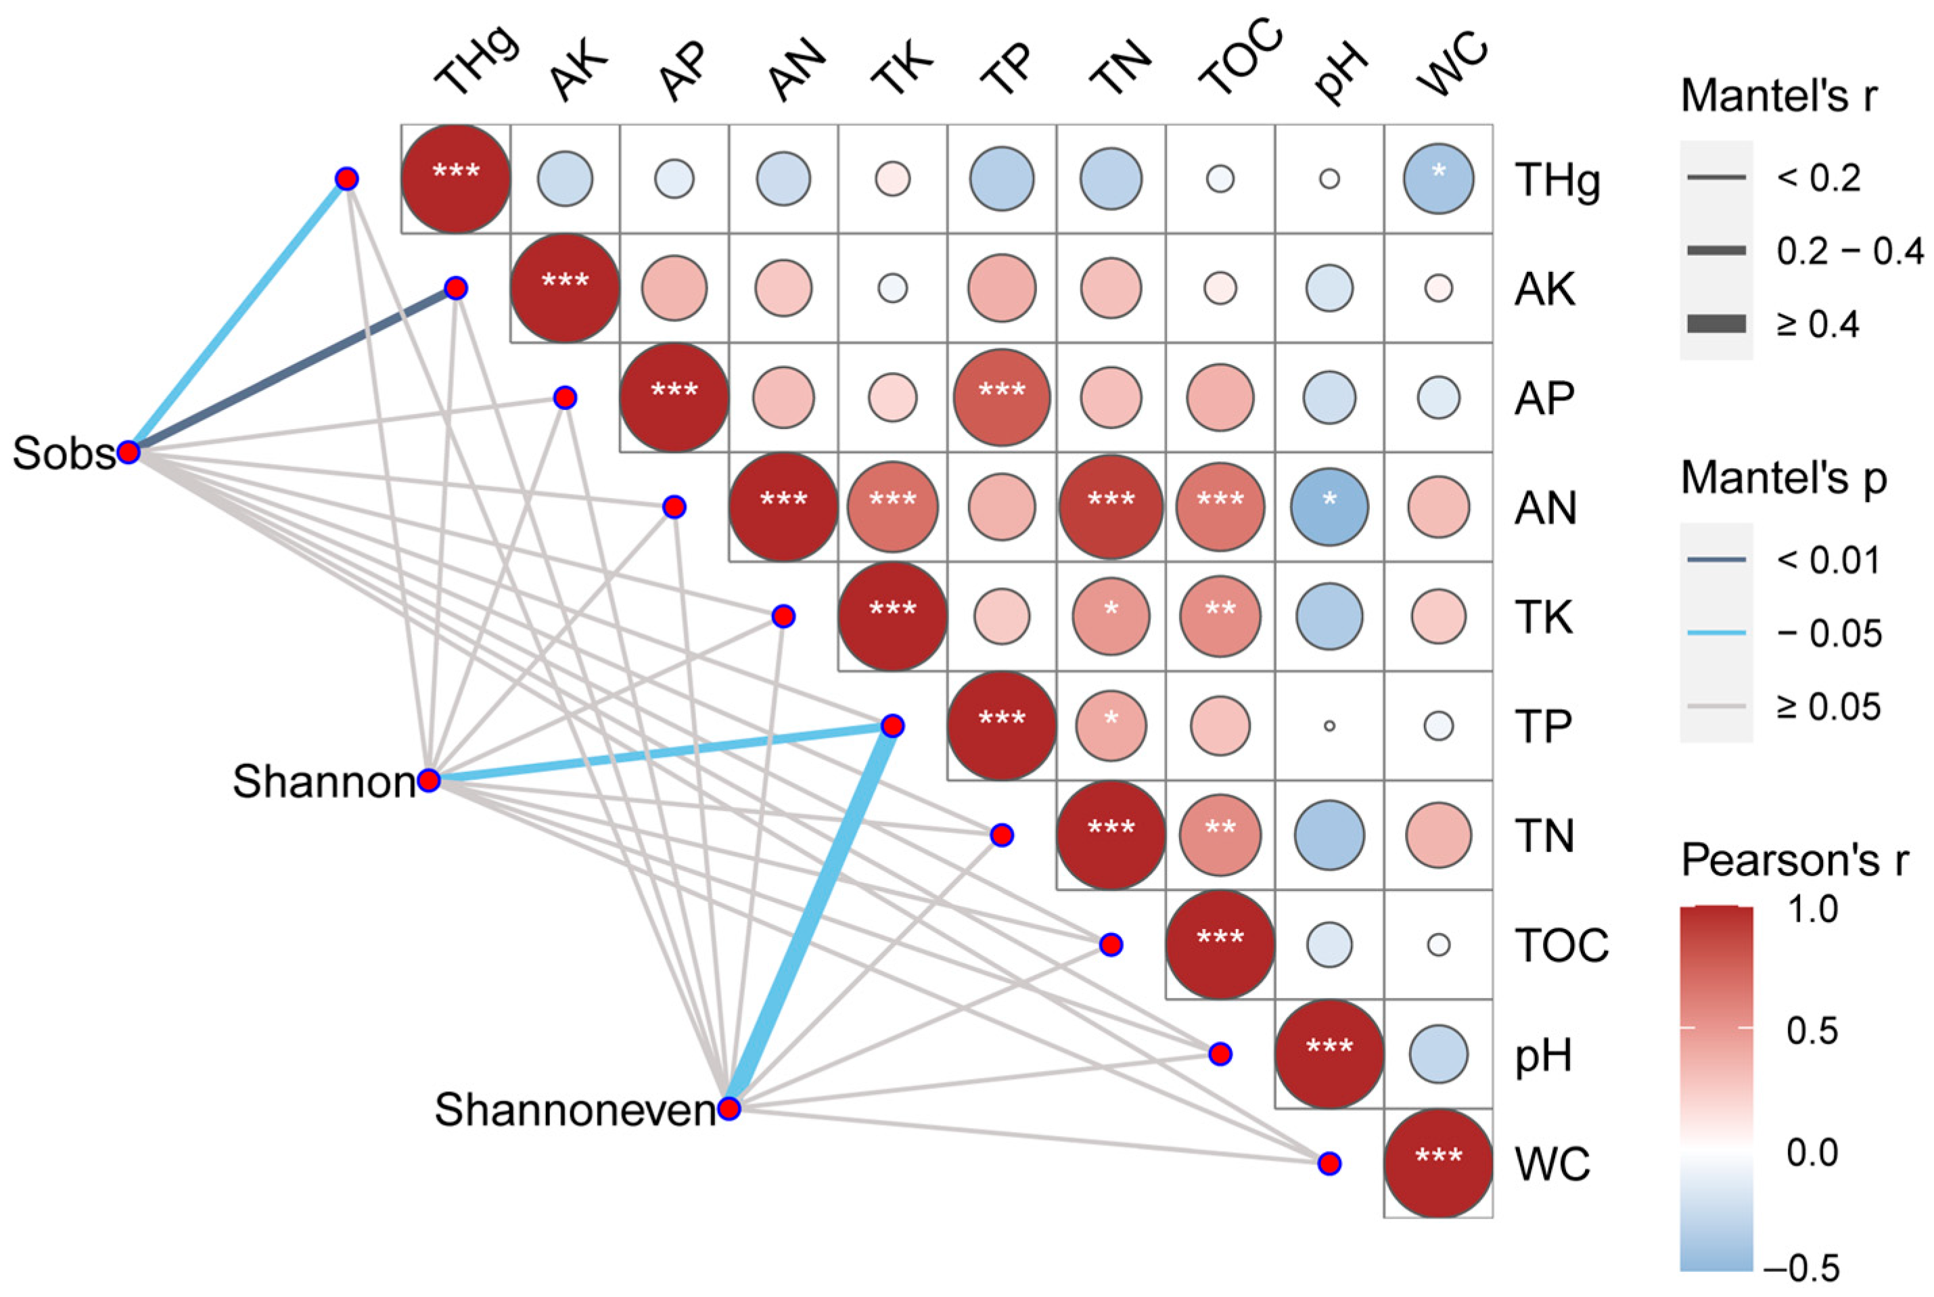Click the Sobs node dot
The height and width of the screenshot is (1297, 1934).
[128, 452]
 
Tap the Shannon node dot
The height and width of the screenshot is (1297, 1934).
[428, 780]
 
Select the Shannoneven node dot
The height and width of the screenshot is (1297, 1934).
[729, 1108]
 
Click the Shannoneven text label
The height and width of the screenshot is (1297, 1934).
[575, 1109]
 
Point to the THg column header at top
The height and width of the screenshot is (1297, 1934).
[476, 62]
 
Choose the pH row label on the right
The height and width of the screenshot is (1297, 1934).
[1543, 1055]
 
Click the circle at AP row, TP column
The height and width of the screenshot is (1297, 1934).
[1001, 398]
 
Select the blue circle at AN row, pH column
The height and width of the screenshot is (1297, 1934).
[1329, 507]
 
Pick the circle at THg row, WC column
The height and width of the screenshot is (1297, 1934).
[1438, 179]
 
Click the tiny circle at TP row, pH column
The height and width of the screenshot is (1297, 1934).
[1329, 725]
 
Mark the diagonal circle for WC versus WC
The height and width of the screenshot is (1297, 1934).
[1438, 1163]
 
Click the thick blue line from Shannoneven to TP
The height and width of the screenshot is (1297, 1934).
[810, 917]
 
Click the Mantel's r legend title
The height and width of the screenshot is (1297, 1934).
[1778, 97]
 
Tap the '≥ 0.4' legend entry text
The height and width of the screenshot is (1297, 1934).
[1818, 324]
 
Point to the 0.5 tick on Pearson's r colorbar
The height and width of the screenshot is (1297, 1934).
[1812, 1030]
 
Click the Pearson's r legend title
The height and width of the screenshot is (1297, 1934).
[1794, 860]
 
